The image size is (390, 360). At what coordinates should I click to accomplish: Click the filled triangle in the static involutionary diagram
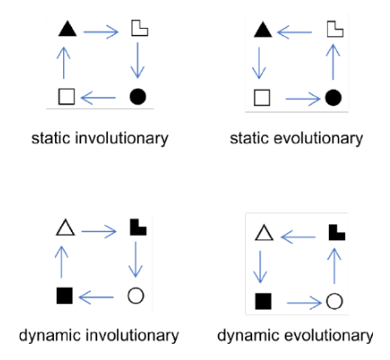(68, 31)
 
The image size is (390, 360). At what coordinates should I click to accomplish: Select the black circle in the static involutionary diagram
(138, 96)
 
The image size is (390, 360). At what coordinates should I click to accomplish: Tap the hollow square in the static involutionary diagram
(67, 96)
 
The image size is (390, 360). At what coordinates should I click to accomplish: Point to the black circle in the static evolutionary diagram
(333, 97)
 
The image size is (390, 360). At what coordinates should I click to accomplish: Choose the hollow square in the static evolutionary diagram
(262, 97)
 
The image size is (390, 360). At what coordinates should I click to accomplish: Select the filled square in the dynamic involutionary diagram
(65, 296)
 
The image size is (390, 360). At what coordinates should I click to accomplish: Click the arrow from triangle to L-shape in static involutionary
(101, 31)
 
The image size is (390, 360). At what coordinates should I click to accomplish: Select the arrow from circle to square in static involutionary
(98, 97)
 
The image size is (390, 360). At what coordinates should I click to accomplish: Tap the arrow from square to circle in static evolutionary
(304, 98)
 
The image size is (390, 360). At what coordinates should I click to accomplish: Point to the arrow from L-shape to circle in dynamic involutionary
(136, 259)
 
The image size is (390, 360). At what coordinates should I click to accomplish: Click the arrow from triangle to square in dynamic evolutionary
(259, 267)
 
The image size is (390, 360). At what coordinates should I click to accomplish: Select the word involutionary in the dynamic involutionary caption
(132, 336)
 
